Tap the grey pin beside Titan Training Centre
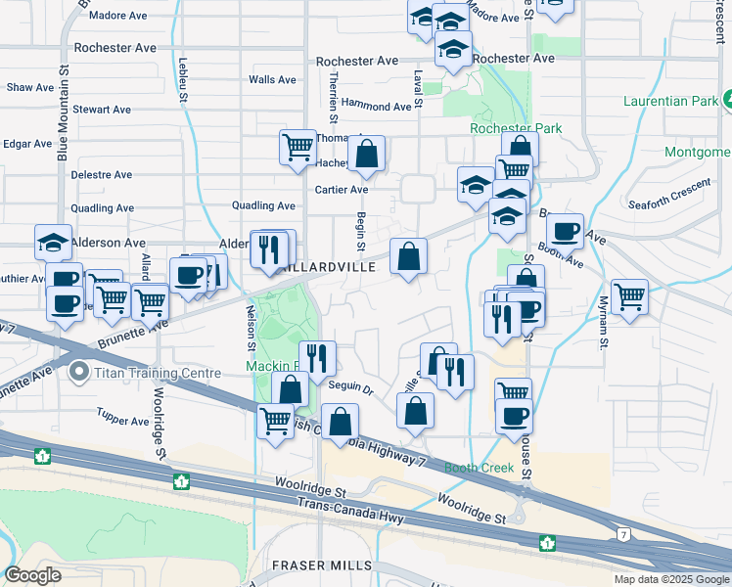(79, 373)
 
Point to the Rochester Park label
(516, 128)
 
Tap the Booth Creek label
(480, 468)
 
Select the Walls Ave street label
(272, 80)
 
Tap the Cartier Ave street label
(341, 190)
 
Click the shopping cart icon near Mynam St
(629, 296)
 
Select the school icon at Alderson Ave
(53, 242)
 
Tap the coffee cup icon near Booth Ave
(565, 231)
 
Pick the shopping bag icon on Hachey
(366, 153)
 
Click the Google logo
(32, 575)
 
